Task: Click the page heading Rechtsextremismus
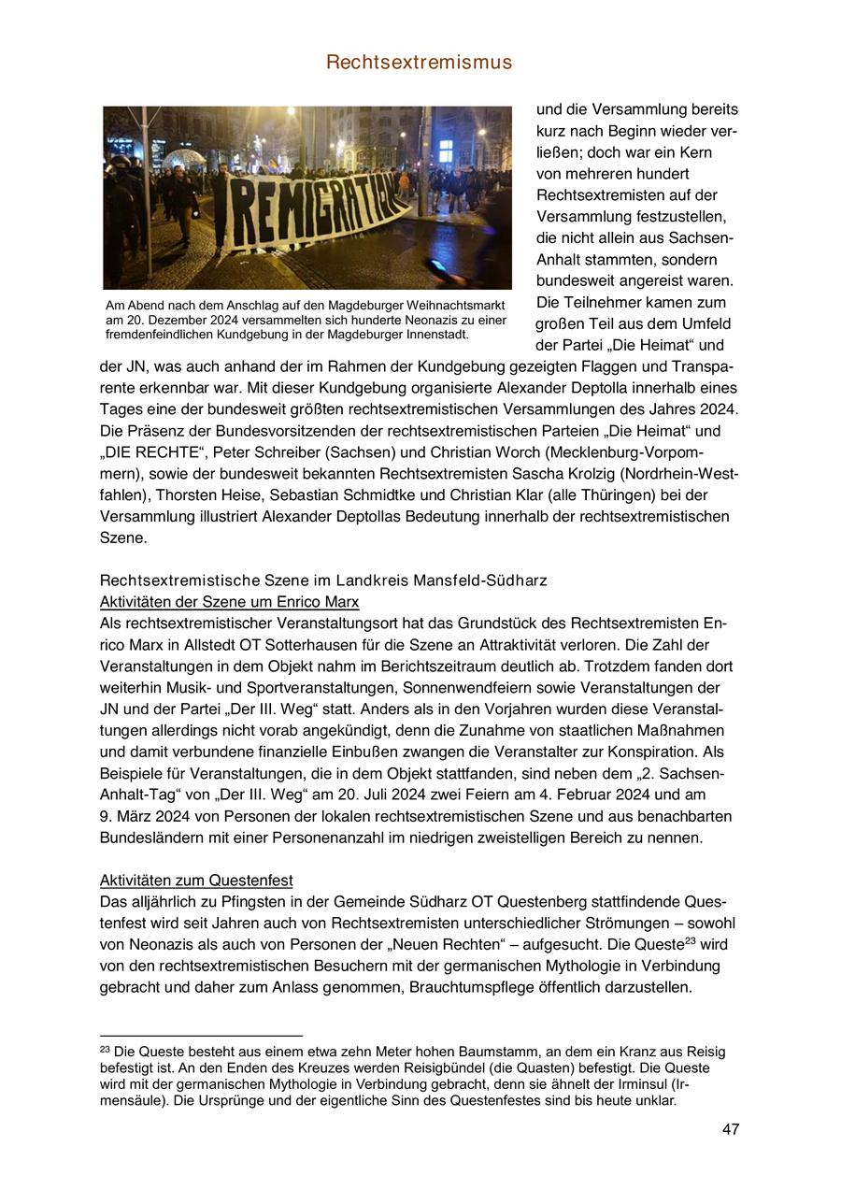tap(420, 63)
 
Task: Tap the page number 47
tap(731, 1129)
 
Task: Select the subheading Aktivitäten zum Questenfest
tap(196, 881)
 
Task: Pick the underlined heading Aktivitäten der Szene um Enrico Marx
tap(229, 602)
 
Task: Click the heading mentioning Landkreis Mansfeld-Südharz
tap(323, 580)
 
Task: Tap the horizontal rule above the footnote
tap(201, 1036)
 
